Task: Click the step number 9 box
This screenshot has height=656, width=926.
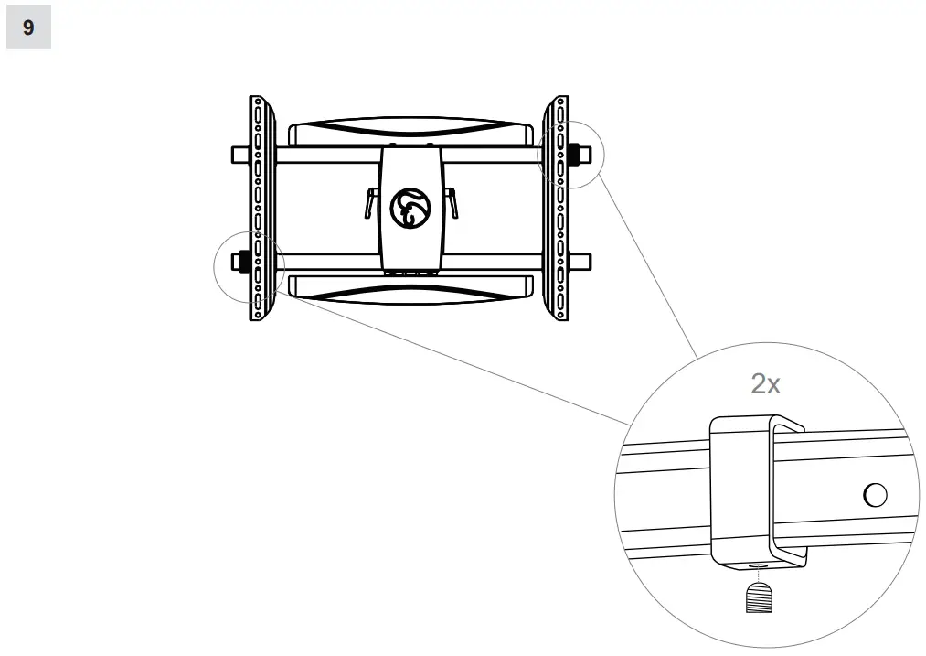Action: coord(28,28)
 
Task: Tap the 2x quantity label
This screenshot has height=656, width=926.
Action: coord(765,383)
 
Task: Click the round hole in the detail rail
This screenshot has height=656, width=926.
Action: coord(874,495)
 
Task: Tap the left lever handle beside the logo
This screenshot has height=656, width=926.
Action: coord(369,201)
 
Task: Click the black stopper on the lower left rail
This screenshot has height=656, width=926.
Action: coord(243,263)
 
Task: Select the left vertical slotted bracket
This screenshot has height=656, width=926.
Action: coord(259,207)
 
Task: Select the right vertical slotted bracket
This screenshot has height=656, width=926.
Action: coord(557,207)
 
